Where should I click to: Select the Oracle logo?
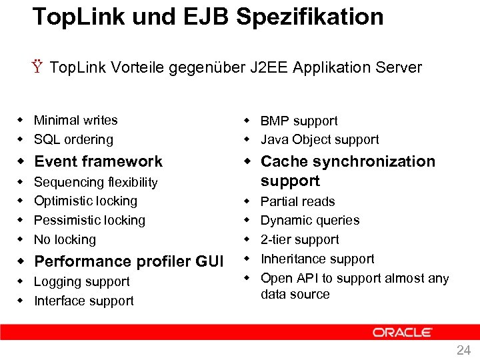point(403,332)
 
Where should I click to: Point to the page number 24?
point(463,350)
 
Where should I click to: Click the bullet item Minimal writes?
point(75,121)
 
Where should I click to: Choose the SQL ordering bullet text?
point(73,140)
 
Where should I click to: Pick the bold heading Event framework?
point(98,161)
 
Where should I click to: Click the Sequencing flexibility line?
point(95,183)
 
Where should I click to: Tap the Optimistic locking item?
point(85,201)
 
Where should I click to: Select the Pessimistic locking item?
point(89,221)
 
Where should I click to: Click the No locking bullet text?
point(65,240)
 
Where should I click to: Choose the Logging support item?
point(81,282)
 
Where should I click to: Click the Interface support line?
point(83,301)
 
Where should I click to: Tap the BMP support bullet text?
point(299,121)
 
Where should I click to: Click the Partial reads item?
point(297,202)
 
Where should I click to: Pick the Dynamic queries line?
point(309,221)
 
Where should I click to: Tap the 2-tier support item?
point(299,240)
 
